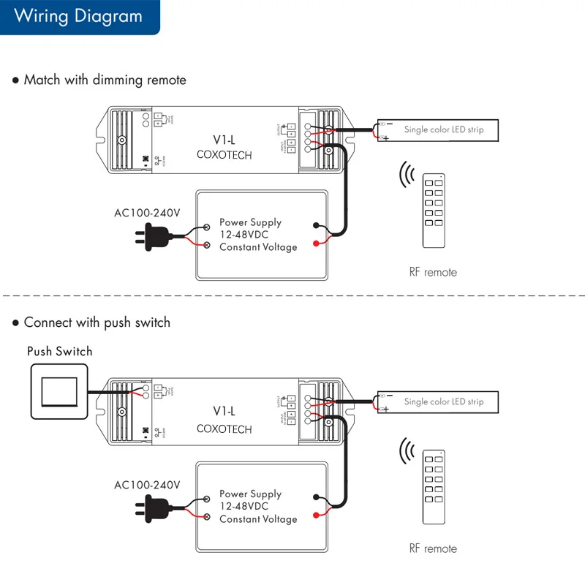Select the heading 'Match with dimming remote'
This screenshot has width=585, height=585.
(x=105, y=80)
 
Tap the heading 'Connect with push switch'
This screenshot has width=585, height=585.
(x=97, y=322)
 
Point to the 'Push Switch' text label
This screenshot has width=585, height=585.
(x=60, y=352)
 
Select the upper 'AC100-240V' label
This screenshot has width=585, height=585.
(x=147, y=214)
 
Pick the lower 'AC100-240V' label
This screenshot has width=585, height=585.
(x=147, y=485)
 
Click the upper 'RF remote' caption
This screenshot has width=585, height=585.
(x=433, y=272)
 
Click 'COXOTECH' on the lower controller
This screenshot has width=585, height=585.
(x=224, y=429)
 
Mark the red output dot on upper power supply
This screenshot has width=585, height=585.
(x=315, y=243)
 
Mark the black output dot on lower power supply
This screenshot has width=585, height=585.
(x=315, y=497)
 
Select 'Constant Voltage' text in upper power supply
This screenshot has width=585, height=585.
(x=258, y=247)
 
